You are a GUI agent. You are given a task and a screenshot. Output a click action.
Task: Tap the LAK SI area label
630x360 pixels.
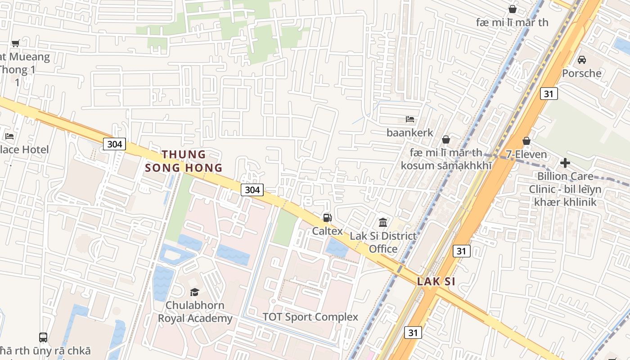pyautogui.click(x=436, y=282)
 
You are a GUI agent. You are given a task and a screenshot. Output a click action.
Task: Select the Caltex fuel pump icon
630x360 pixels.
pyautogui.click(x=327, y=218)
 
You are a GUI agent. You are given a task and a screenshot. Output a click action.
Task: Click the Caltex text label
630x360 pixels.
pyautogui.click(x=328, y=231)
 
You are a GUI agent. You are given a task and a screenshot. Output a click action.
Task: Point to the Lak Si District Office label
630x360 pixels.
pyautogui.click(x=383, y=242)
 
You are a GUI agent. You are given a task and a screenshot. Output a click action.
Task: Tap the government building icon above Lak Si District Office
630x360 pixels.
pyautogui.click(x=383, y=222)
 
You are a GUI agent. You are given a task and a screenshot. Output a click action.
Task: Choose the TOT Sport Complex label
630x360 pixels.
pyautogui.click(x=310, y=317)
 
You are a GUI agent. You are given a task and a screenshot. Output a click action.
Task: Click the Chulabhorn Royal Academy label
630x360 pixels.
pyautogui.click(x=195, y=311)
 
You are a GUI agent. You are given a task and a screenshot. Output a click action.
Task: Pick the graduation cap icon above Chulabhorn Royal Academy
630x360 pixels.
pyautogui.click(x=194, y=292)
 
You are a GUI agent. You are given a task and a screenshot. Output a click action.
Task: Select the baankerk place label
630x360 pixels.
pyautogui.click(x=410, y=132)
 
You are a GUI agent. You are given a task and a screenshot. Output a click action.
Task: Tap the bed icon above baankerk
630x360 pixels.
pyautogui.click(x=410, y=119)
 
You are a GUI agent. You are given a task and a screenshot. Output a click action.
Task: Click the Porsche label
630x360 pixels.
pyautogui.click(x=581, y=73)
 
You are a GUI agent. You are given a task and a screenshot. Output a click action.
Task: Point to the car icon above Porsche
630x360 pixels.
pyautogui.click(x=581, y=59)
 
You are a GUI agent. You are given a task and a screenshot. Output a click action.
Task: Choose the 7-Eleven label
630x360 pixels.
pyautogui.click(x=526, y=154)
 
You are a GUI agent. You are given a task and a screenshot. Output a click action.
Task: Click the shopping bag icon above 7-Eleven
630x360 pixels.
pyautogui.click(x=526, y=141)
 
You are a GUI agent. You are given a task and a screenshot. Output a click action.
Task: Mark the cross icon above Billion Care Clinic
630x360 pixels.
pyautogui.click(x=565, y=162)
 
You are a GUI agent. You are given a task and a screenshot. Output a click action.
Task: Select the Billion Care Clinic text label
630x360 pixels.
pyautogui.click(x=565, y=189)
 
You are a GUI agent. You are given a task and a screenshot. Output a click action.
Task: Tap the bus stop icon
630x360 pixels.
pyautogui.click(x=43, y=337)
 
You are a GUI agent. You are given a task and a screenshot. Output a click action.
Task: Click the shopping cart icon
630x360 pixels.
pyautogui.click(x=15, y=43)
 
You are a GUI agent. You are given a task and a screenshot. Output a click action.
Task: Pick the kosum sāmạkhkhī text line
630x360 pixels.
pyautogui.click(x=446, y=165)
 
